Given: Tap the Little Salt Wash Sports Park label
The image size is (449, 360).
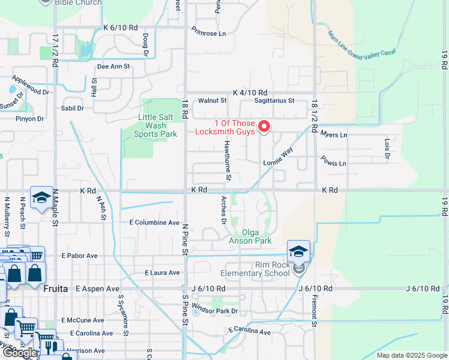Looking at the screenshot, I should pos(149,126).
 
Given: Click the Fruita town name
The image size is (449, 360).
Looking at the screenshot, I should pos(56,289).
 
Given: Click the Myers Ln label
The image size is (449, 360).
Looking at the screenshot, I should pos(334,135).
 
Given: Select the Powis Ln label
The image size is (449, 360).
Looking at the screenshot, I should pos(334,163).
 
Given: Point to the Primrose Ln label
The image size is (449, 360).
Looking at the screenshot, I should pos(209,34).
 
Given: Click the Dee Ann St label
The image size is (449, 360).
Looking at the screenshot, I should pos(113,67).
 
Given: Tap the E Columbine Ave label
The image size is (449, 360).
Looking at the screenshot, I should pos(155,223).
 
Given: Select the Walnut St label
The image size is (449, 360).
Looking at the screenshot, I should pos(212,101).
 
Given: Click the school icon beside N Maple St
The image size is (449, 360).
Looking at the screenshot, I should pos(41,198).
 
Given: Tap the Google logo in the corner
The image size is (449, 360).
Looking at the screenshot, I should pos(20,353).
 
